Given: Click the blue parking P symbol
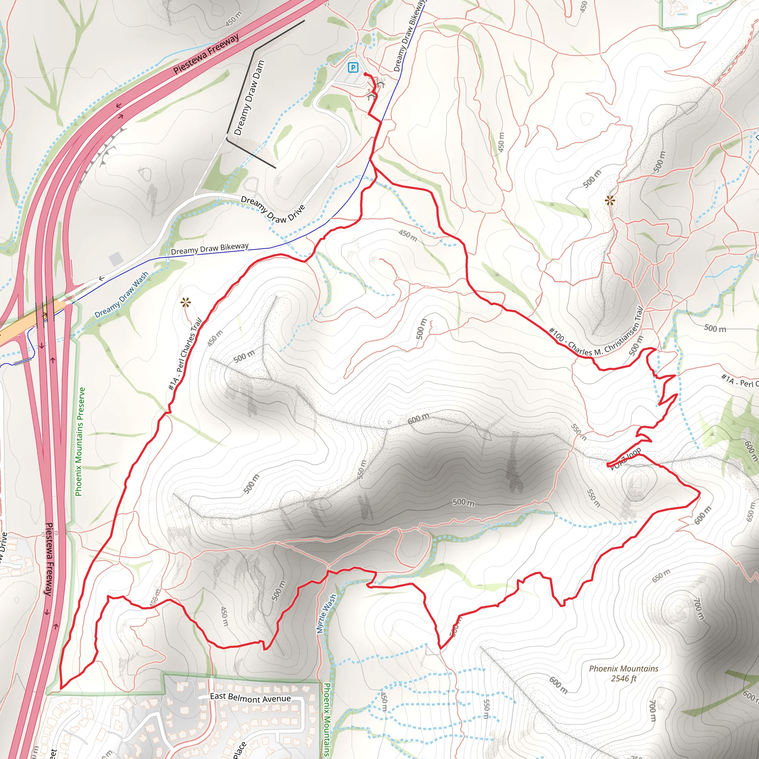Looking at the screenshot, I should tap(353, 67).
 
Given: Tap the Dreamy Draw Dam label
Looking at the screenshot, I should tap(249, 97).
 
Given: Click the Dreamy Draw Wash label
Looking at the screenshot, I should tap(122, 295).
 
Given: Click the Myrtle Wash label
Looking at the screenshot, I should tap(327, 613).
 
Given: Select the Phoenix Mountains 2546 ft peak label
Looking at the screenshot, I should tap(623, 673).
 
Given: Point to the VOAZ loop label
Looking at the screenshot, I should tap(626, 458).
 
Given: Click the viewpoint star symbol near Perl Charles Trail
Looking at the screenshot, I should tap(185, 303).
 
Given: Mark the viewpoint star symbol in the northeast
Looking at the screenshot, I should tap(610, 201).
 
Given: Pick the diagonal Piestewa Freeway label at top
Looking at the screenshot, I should tap(206, 54).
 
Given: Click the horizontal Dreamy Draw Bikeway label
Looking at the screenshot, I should tap(210, 248).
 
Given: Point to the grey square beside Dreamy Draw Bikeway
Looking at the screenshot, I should tap(116, 259).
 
